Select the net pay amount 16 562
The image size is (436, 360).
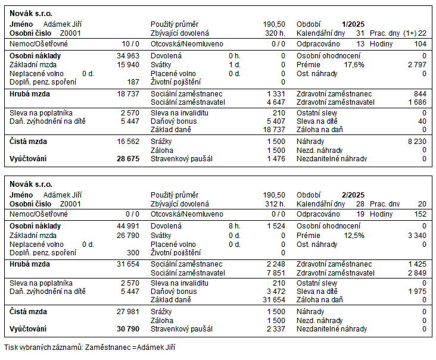[128, 142]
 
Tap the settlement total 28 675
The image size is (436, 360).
[128, 159]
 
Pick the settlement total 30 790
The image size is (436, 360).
[128, 329]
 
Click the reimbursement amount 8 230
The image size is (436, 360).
[416, 142]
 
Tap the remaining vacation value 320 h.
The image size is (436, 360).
[275, 33]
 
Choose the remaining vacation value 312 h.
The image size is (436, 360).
[275, 204]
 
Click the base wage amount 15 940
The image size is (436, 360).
[128, 64]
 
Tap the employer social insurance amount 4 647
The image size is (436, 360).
[275, 102]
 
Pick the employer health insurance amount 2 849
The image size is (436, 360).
[416, 273]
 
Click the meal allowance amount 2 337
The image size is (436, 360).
[275, 329]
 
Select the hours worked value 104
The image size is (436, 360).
[420, 44]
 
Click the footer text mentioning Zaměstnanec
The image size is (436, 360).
[90, 347]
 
